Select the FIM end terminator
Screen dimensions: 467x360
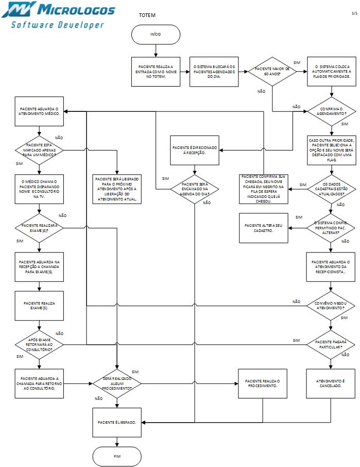(x=117, y=456)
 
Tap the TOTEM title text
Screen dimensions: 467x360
(x=147, y=15)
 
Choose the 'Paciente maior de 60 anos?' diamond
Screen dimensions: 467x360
(x=272, y=72)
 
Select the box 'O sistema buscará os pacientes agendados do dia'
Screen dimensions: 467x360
(x=214, y=72)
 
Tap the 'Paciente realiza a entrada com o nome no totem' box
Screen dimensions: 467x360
(x=156, y=72)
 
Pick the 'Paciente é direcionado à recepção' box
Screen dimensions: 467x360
(x=195, y=150)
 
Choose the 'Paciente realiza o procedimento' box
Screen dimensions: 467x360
(x=263, y=383)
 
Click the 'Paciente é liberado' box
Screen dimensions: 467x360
(x=117, y=422)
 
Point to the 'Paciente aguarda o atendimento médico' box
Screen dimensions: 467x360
(x=39, y=112)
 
